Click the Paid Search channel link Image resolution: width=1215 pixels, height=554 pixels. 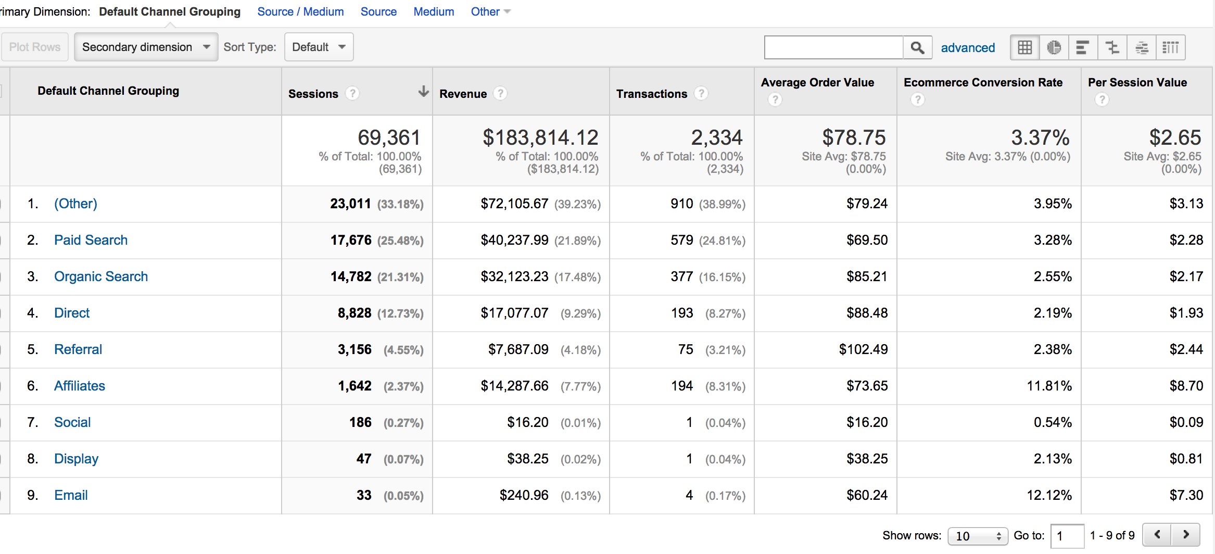tap(91, 240)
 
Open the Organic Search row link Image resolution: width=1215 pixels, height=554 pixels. tap(101, 276)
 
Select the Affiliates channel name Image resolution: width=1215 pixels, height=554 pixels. tap(80, 386)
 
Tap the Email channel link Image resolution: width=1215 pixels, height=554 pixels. tap(71, 495)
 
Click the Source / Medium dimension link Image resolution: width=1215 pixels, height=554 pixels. tap(300, 11)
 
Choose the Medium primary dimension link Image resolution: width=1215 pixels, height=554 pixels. tap(434, 11)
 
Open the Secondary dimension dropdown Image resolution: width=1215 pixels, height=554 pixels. tap(146, 47)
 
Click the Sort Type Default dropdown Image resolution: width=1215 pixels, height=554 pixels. tap(319, 47)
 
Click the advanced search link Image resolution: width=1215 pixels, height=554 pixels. tap(968, 47)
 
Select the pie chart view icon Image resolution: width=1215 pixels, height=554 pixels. tap(1054, 47)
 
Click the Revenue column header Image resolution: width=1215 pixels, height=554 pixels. tap(463, 94)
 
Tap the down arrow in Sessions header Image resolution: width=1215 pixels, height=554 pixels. tap(423, 92)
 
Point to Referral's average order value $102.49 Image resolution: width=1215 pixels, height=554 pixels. tap(863, 349)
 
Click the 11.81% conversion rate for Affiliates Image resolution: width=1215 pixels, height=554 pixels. tap(1049, 386)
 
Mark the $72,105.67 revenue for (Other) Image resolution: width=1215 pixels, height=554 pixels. tap(514, 204)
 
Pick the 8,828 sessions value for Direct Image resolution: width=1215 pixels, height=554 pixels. tap(355, 313)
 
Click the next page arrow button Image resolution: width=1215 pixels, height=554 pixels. tap(1185, 534)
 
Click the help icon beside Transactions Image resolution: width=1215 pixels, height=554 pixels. tap(701, 93)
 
